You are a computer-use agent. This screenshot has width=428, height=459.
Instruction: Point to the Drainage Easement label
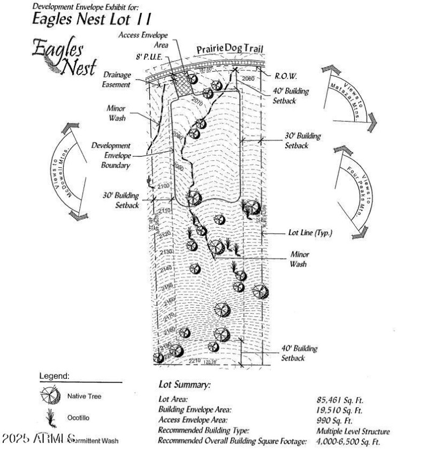pos(116,80)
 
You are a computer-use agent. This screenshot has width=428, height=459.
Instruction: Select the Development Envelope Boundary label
pos(111,155)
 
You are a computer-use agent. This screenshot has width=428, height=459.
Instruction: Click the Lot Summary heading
pos(185,385)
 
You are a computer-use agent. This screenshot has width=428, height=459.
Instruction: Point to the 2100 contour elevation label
pos(164,185)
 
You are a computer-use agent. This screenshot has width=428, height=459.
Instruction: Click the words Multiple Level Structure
pos(353,431)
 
